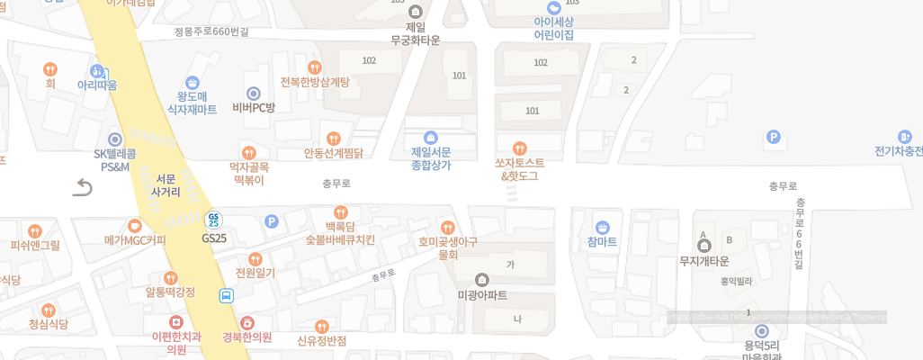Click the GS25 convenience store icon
coord(214,219)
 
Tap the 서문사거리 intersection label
coord(166,185)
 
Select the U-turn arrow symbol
coord(83,187)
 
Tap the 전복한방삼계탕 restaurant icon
coord(314,67)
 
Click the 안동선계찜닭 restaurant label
coord(333,153)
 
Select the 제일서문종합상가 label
coord(431,158)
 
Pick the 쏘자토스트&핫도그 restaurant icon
coord(518,148)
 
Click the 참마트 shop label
coord(602,242)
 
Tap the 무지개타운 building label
coord(704,261)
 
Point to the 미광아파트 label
coord(482,295)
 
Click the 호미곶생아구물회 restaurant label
coord(447,247)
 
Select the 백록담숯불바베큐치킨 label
coord(340,233)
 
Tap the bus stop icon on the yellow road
coord(227,294)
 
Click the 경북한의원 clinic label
coord(247,337)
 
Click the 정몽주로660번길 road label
coord(211,31)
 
